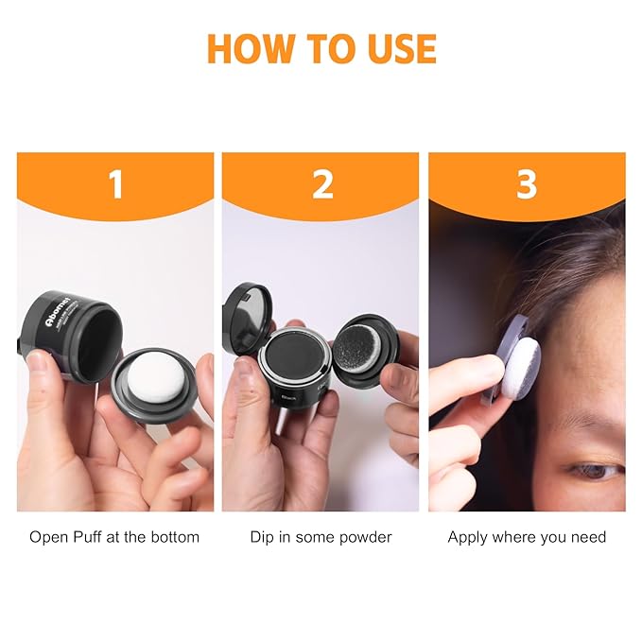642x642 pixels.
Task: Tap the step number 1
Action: pyautogui.click(x=115, y=184)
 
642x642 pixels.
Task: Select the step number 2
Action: pyautogui.click(x=322, y=184)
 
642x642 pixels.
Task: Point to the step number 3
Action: pyautogui.click(x=527, y=184)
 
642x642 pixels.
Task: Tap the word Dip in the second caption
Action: pyautogui.click(x=262, y=537)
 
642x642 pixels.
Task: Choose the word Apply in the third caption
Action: pyautogui.click(x=467, y=537)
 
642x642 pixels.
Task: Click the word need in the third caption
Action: pyautogui.click(x=588, y=537)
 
